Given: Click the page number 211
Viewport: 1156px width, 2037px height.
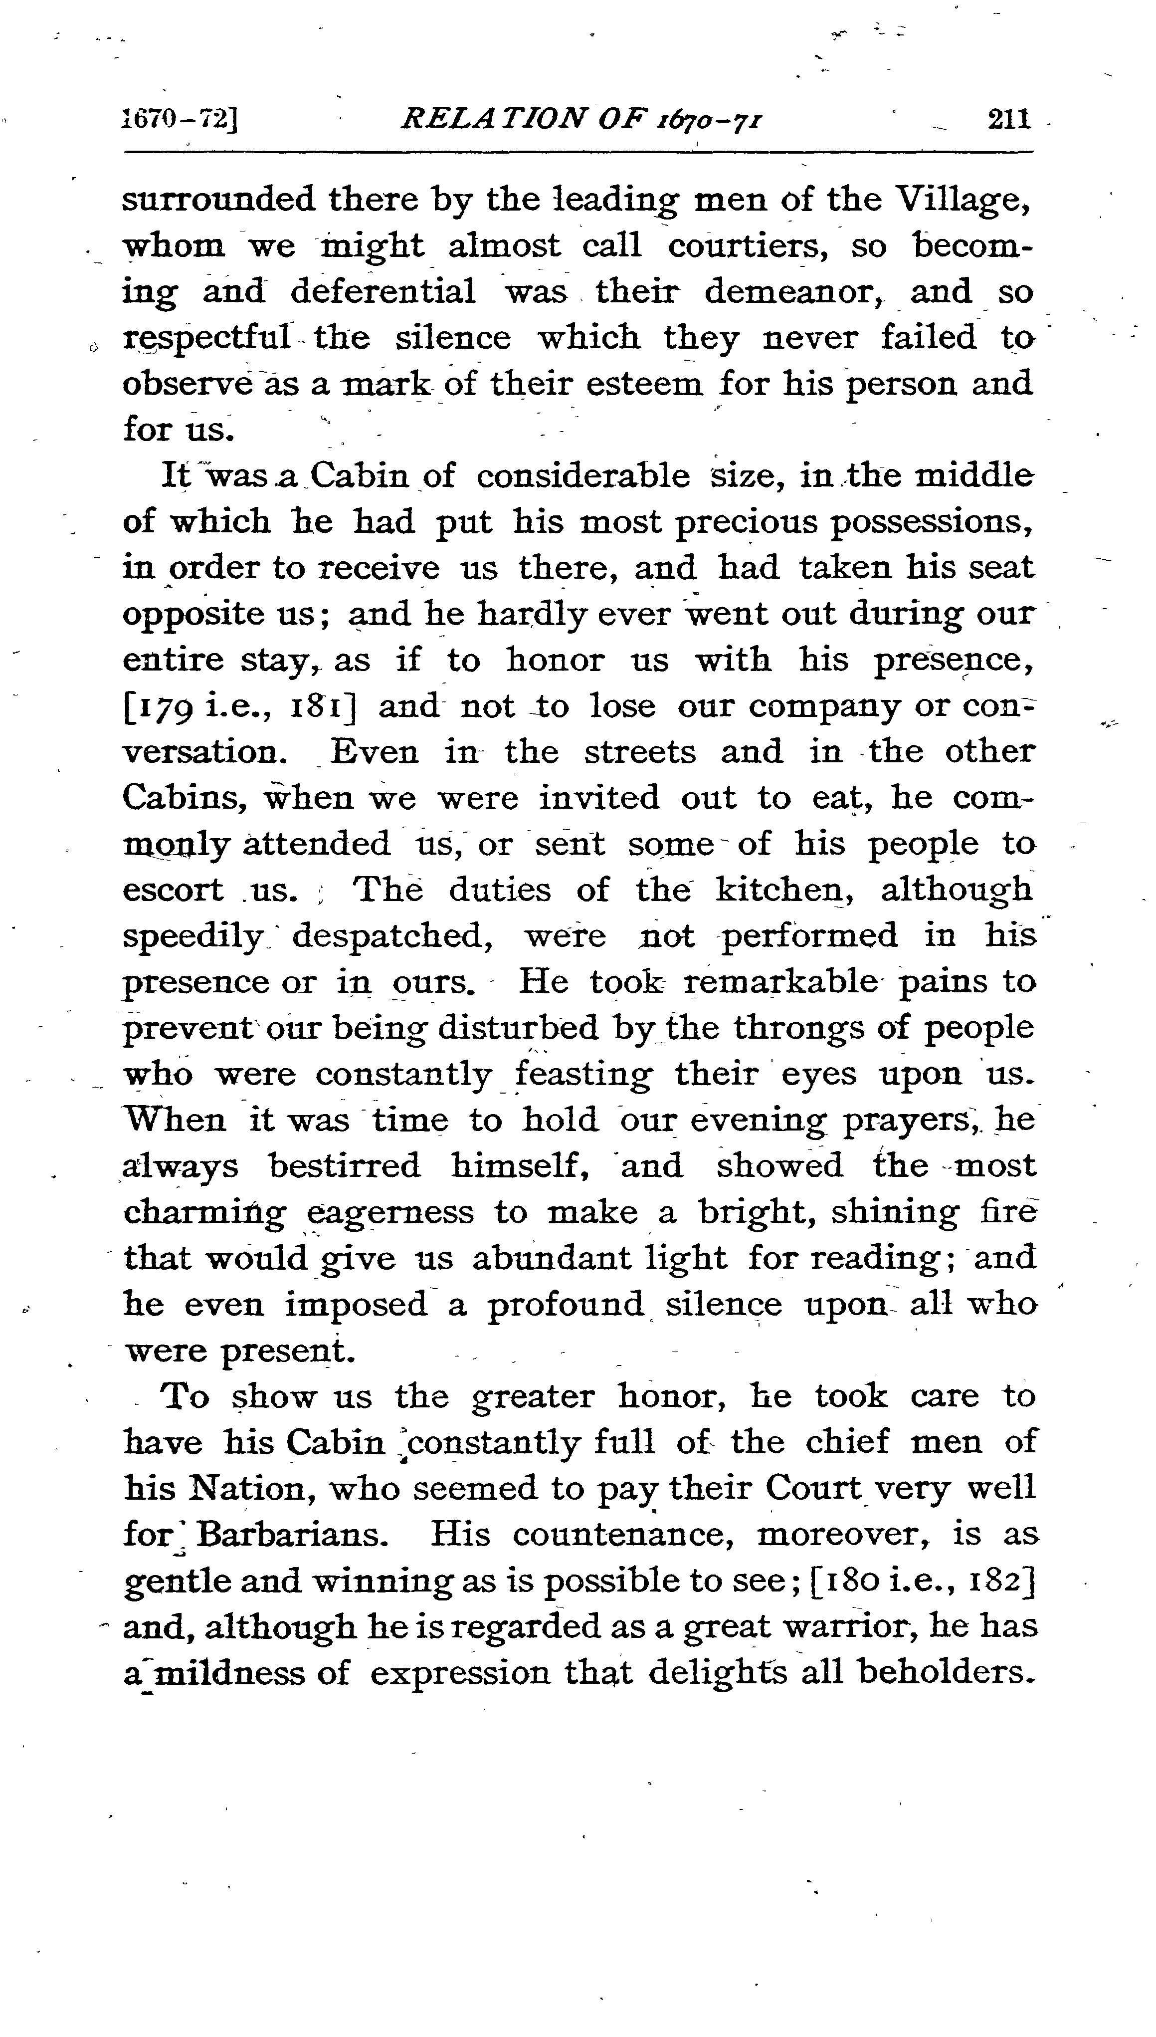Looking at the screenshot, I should point(1008,119).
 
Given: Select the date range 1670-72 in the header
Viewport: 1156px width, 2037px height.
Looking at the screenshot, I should point(180,119).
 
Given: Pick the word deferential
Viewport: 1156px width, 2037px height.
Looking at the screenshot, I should point(383,291).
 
